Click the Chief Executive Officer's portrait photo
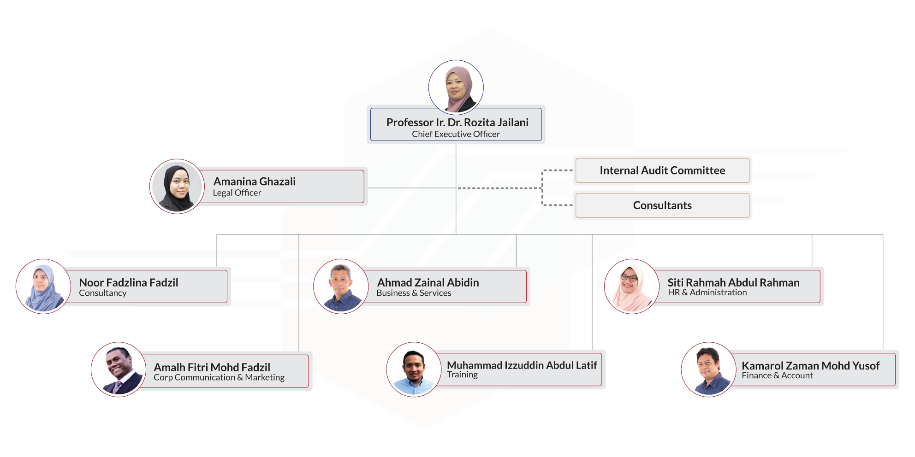click(x=456, y=87)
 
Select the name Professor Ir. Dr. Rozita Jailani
click(x=457, y=123)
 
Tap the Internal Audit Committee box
click(x=662, y=170)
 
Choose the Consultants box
click(x=662, y=205)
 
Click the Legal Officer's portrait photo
click(x=177, y=186)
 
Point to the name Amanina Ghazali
click(x=254, y=182)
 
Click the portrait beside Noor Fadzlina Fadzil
click(x=43, y=286)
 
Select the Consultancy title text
click(x=102, y=293)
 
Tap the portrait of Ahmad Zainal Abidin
click(x=341, y=286)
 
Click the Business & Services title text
click(x=414, y=293)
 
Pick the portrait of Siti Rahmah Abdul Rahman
click(x=632, y=286)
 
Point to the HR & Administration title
click(x=707, y=293)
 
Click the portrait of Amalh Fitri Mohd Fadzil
click(x=119, y=369)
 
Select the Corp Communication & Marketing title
click(x=219, y=377)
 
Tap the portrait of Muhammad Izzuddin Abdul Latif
click(x=414, y=369)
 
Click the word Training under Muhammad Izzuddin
click(x=462, y=375)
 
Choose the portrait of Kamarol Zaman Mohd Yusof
click(x=708, y=369)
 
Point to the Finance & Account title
click(x=777, y=375)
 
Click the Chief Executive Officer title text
click(x=456, y=134)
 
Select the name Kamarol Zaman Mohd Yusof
click(x=810, y=366)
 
